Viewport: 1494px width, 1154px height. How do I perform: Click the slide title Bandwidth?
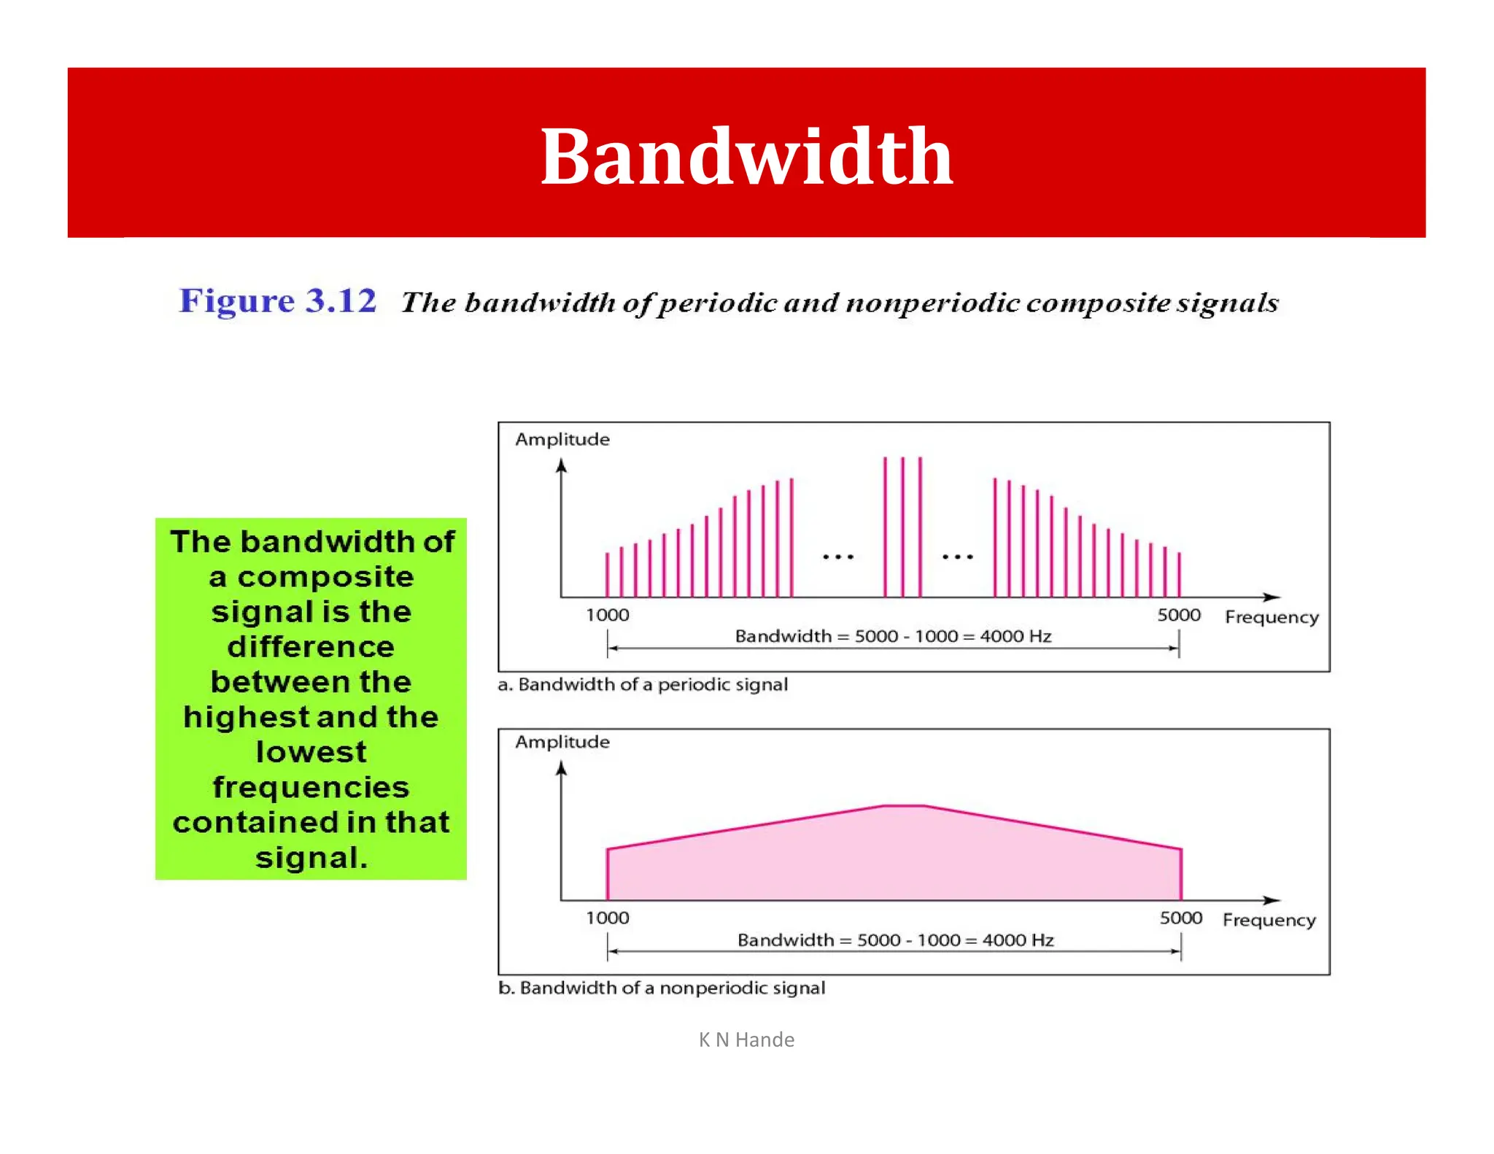pyautogui.click(x=746, y=156)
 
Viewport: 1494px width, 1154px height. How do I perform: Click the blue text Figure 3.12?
pyautogui.click(x=278, y=301)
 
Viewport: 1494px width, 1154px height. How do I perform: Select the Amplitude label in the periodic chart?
pyautogui.click(x=562, y=439)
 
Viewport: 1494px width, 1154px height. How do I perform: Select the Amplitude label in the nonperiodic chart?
pyautogui.click(x=562, y=742)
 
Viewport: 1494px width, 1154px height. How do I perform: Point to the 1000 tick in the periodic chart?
pyautogui.click(x=607, y=615)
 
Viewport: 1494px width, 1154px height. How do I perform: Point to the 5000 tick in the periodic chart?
pyautogui.click(x=1178, y=615)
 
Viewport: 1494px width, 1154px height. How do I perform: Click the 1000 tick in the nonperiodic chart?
pyautogui.click(x=607, y=918)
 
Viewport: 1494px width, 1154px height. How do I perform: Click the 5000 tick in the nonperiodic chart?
pyautogui.click(x=1180, y=918)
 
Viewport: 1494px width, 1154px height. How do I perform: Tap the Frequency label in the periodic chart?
pyautogui.click(x=1272, y=617)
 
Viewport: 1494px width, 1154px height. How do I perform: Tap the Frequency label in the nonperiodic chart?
pyautogui.click(x=1269, y=920)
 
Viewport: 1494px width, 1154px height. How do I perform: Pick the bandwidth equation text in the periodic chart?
pyautogui.click(x=893, y=636)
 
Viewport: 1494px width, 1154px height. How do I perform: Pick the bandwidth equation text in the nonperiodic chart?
pyautogui.click(x=895, y=940)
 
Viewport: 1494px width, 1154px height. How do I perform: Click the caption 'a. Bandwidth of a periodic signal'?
pyautogui.click(x=643, y=684)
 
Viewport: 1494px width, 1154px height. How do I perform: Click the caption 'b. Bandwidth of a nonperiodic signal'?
pyautogui.click(x=662, y=988)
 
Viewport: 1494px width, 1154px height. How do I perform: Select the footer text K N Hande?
pyautogui.click(x=746, y=1039)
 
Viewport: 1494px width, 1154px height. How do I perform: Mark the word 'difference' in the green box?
pyautogui.click(x=311, y=647)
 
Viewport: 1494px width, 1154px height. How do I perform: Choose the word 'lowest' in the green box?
pyautogui.click(x=311, y=752)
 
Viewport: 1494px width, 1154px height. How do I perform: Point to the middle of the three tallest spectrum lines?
pyautogui.click(x=902, y=525)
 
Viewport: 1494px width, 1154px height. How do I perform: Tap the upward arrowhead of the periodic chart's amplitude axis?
pyautogui.click(x=561, y=465)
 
